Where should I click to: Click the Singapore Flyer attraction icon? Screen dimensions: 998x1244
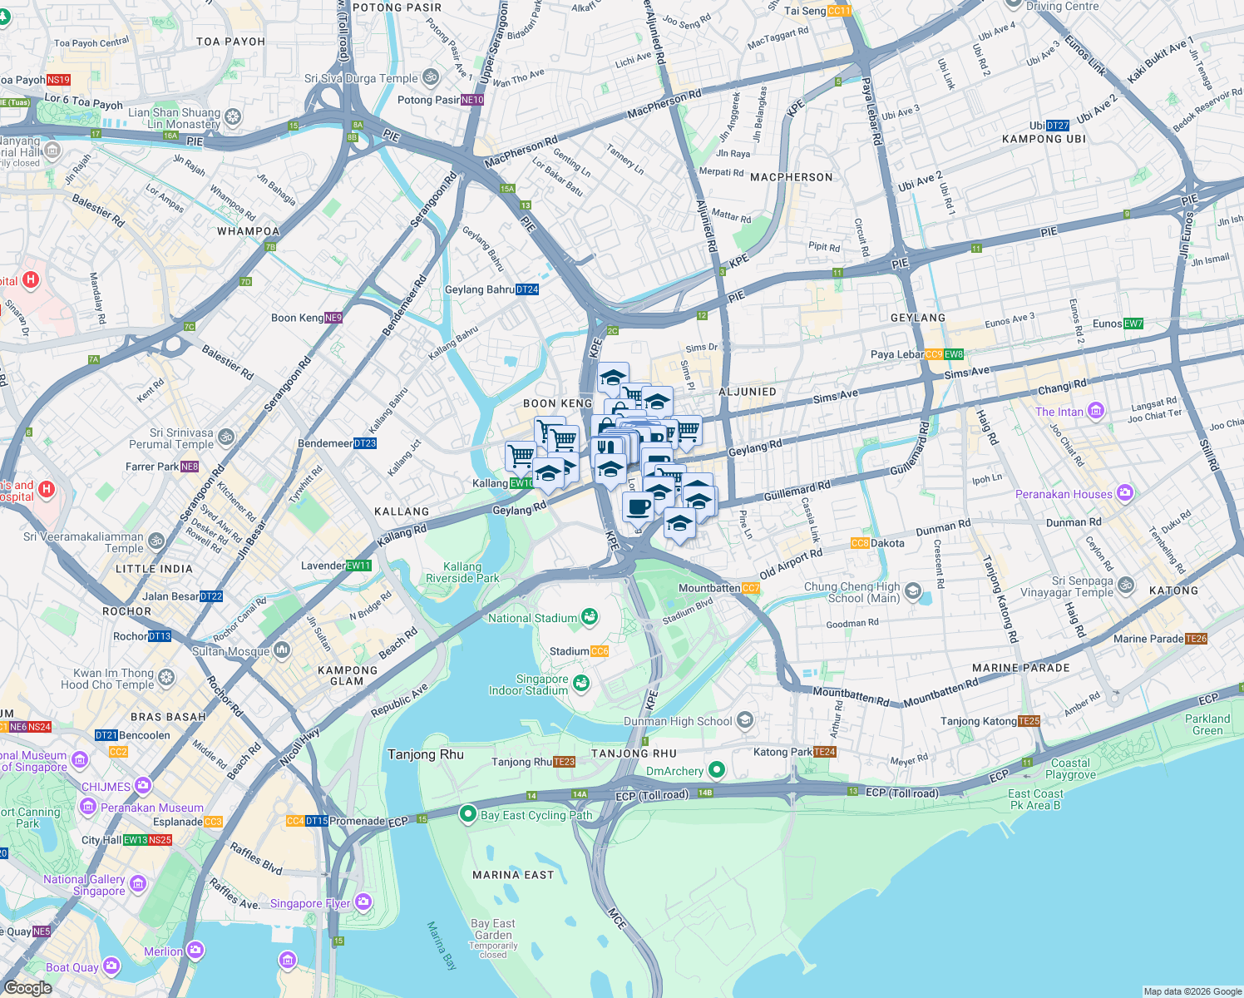coord(363,902)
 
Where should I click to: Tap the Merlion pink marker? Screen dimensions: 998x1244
coord(195,951)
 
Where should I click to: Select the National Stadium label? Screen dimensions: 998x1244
coord(532,618)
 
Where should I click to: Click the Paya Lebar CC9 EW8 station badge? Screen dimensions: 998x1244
coord(944,354)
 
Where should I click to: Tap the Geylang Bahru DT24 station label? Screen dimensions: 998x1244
coord(491,289)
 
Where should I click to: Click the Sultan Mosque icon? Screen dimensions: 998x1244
coord(282,650)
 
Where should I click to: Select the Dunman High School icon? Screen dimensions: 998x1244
coord(745,720)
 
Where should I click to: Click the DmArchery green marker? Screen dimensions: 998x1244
coord(716,771)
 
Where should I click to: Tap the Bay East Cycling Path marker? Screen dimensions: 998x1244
coord(467,814)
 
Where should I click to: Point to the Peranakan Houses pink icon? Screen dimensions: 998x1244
coord(1125,493)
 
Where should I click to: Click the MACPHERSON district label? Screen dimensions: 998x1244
coord(791,177)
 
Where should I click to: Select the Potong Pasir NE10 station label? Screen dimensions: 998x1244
coord(440,100)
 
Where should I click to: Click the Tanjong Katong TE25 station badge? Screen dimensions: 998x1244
coord(1029,721)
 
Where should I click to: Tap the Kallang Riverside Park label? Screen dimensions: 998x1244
coord(462,572)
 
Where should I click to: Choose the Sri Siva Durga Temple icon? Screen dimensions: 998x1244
coord(431,78)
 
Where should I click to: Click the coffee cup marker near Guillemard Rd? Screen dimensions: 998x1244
coord(638,506)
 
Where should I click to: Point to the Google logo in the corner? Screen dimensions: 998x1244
coord(27,988)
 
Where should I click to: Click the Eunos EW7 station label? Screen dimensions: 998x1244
coord(1118,324)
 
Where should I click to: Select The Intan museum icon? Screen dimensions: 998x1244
coord(1096,411)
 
